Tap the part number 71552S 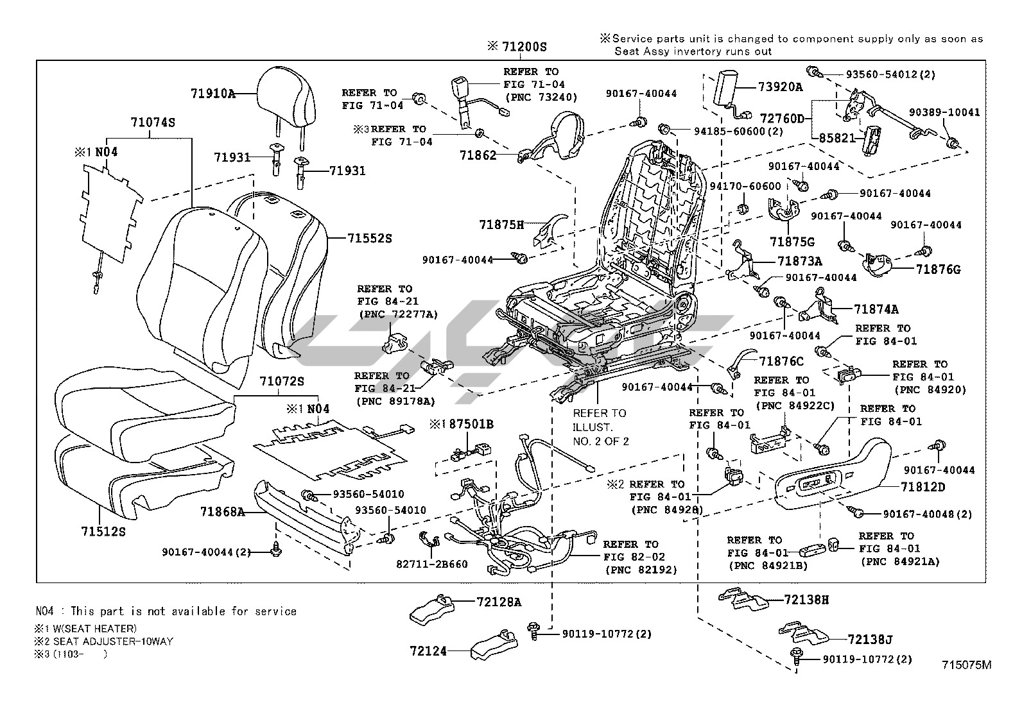point(369,238)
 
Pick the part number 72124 point(428,651)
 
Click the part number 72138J point(870,639)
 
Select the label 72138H point(806,600)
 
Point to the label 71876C point(781,362)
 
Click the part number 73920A point(780,87)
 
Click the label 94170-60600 point(745,186)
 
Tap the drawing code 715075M point(967,665)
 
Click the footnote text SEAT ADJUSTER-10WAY point(113,641)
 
